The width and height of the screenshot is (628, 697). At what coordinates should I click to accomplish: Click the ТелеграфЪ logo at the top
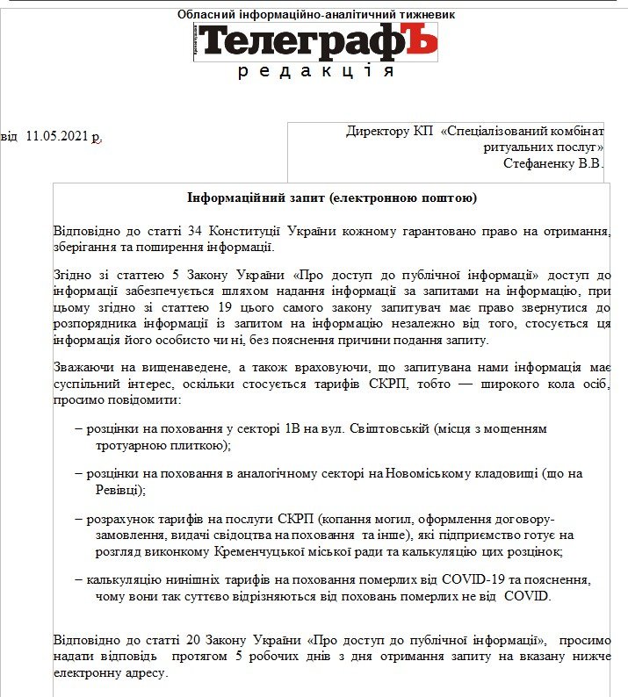(x=316, y=41)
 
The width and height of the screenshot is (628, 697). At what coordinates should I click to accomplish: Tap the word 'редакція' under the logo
(x=316, y=71)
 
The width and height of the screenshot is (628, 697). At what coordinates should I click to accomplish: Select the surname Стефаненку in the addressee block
(x=538, y=162)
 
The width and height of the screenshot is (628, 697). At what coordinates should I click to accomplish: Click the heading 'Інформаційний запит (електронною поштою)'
(x=332, y=198)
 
